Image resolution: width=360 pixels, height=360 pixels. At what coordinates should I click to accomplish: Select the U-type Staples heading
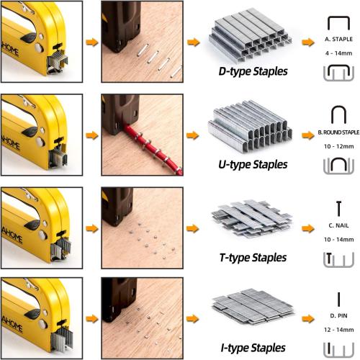tap(251, 164)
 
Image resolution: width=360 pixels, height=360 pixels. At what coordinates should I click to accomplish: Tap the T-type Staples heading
tap(251, 257)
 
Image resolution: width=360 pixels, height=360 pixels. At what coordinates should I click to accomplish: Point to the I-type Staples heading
tap(251, 349)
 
